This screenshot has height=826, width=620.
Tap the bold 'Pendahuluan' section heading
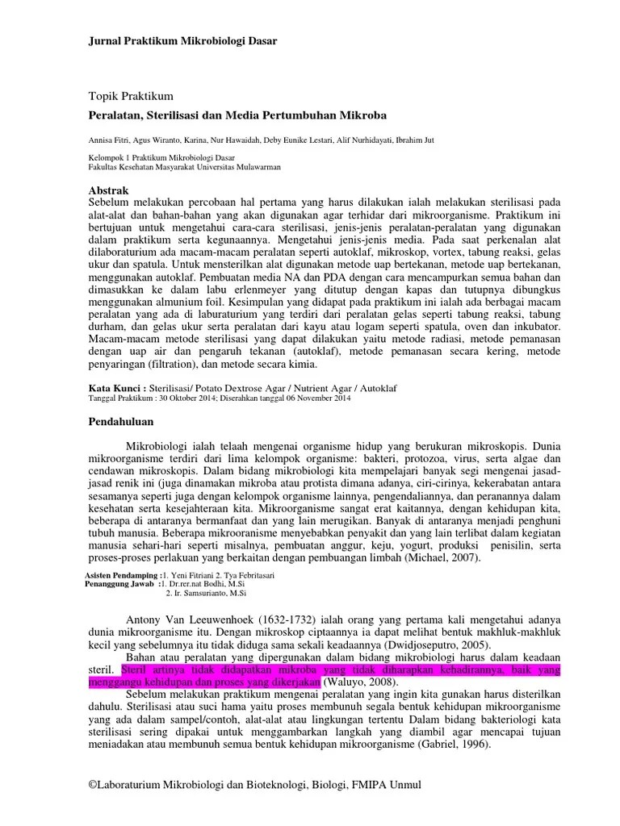point(120,421)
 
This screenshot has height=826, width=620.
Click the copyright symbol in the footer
point(93,785)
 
